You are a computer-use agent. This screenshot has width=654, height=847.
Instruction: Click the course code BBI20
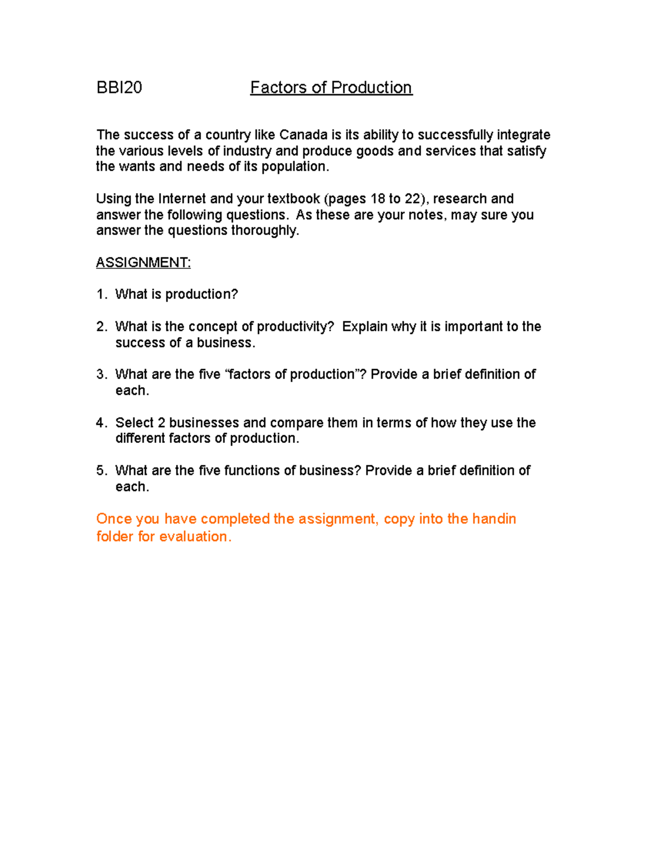119,87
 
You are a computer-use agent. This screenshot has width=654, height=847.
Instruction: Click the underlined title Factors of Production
331,87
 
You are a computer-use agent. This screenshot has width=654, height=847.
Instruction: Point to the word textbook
293,199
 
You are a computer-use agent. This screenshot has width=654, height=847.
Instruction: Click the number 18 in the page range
377,199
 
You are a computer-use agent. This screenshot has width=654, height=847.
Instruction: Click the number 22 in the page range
412,199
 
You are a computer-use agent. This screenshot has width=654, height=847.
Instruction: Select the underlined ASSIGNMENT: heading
143,262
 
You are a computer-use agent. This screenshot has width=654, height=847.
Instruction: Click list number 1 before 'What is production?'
101,295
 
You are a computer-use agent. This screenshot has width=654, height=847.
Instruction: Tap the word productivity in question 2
295,327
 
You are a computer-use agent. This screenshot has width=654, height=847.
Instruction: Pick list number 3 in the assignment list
101,374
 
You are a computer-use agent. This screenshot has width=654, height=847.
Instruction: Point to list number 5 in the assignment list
101,471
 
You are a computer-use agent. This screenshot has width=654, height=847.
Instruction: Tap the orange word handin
494,519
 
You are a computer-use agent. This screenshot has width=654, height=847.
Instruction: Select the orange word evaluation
196,537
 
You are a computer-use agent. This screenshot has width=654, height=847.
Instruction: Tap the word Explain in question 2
365,327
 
